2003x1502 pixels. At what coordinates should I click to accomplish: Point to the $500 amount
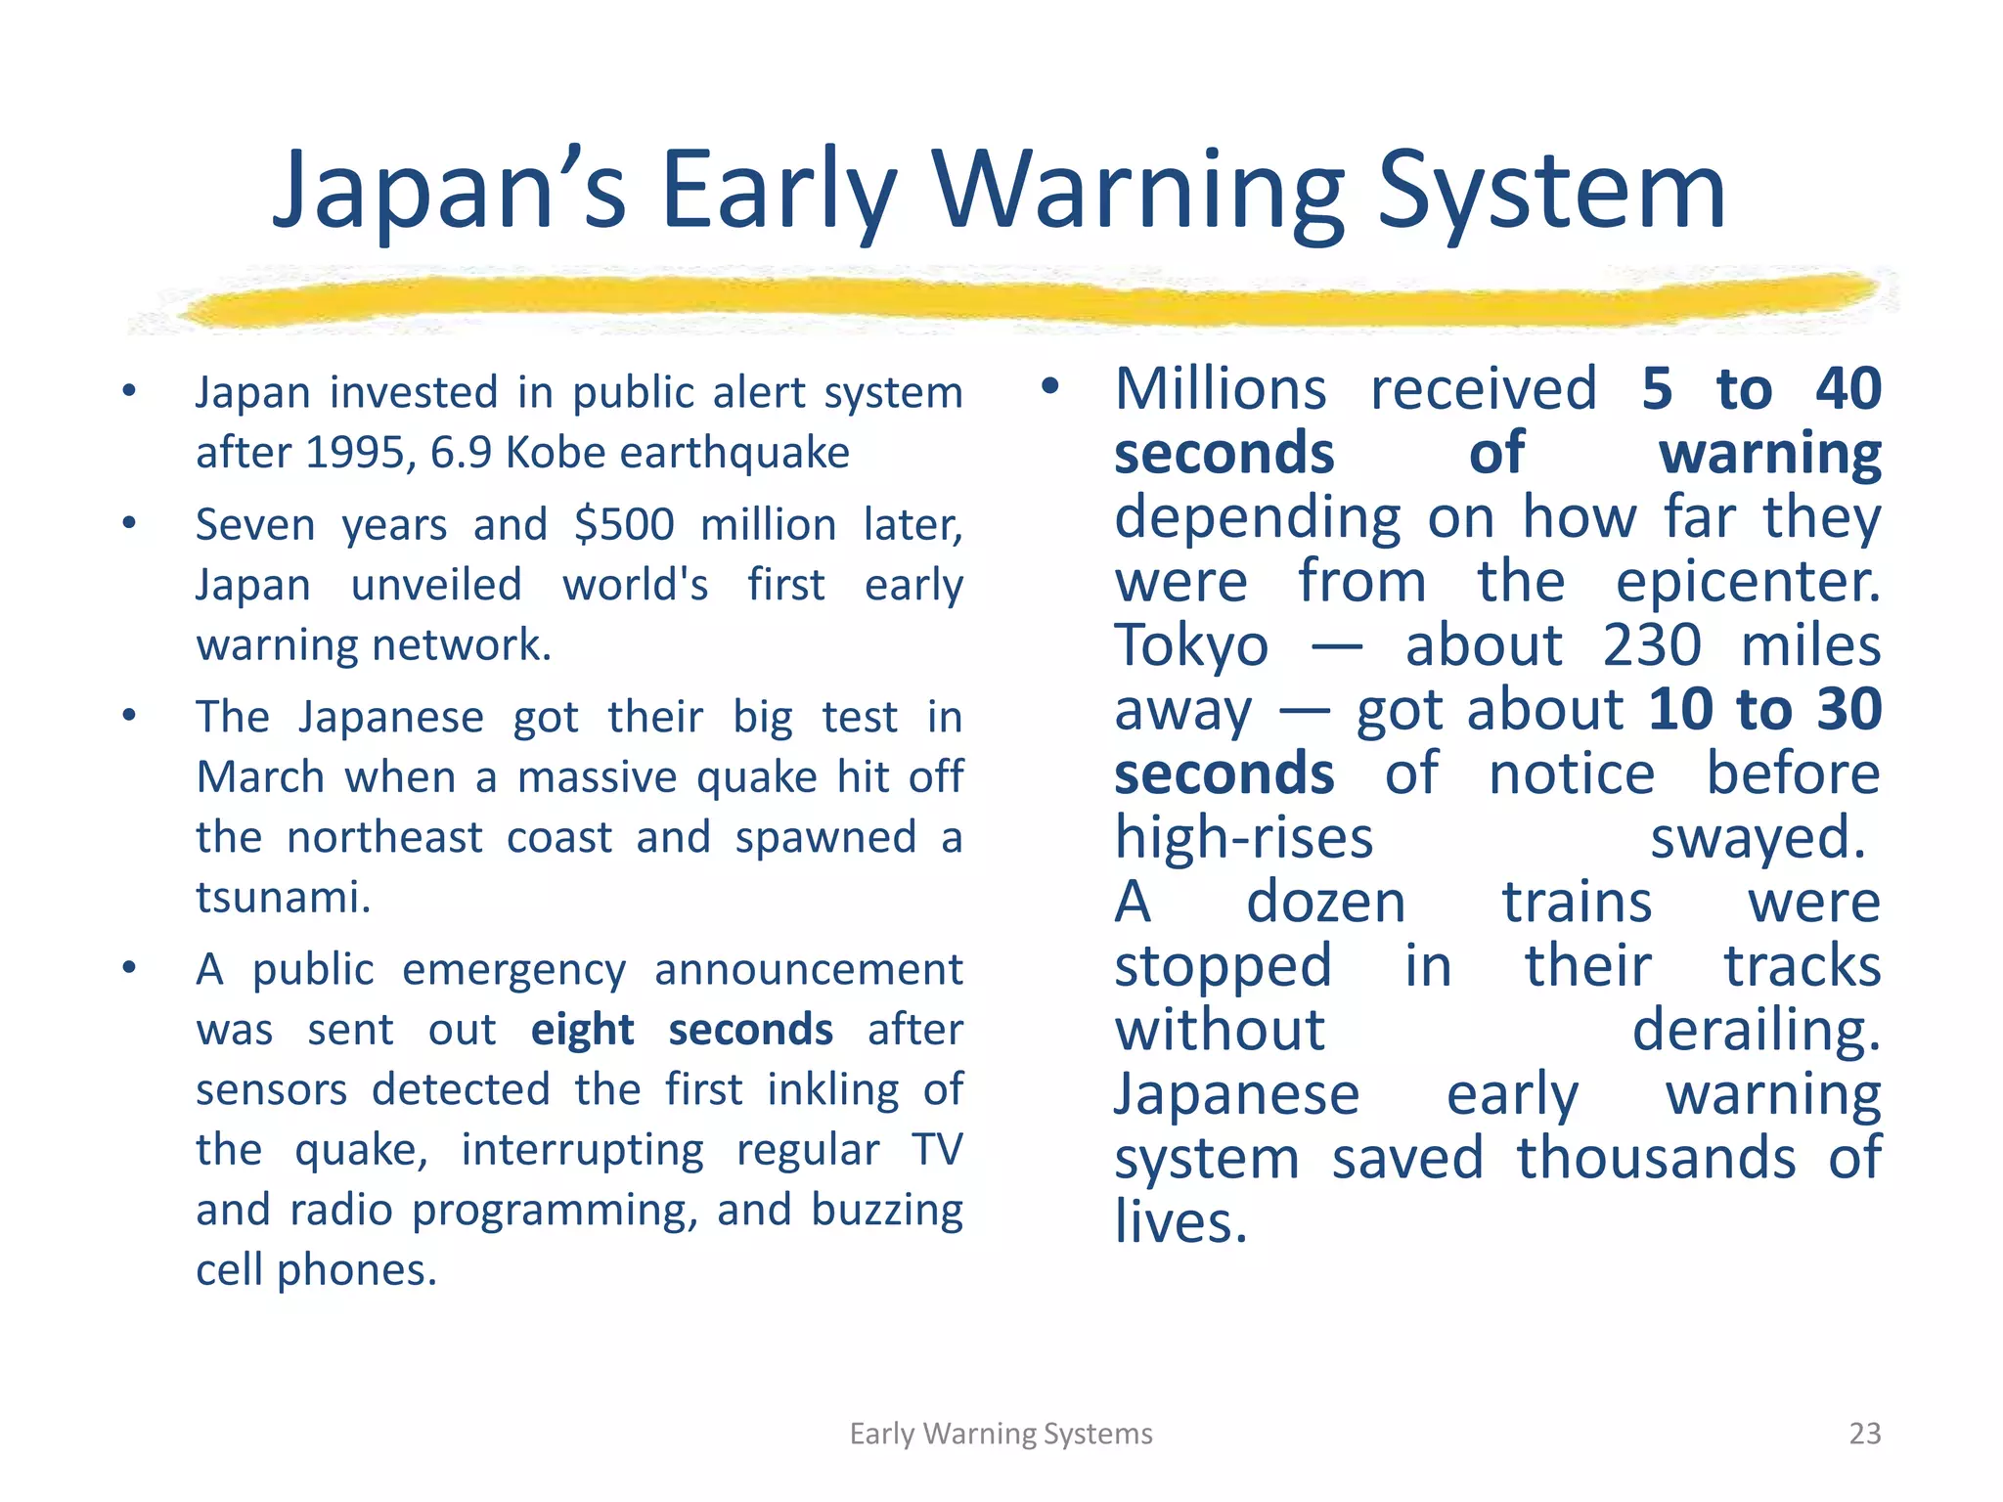[624, 525]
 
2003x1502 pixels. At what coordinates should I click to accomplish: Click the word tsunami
[283, 898]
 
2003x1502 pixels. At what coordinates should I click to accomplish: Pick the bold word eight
[583, 1031]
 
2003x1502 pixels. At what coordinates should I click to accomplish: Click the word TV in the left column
[937, 1150]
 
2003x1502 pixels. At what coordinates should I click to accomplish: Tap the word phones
[356, 1270]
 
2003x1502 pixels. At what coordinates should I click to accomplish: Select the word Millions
[1221, 389]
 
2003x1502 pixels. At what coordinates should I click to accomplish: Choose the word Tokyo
[1191, 645]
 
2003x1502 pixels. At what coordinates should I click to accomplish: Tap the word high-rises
[1244, 838]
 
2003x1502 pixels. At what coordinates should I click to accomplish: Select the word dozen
[1325, 902]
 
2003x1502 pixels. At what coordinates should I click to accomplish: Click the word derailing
[1757, 1031]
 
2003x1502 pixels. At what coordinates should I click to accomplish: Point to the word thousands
[1657, 1159]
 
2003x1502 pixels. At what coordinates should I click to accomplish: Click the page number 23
[1865, 1434]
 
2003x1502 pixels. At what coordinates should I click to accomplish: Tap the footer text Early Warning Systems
[1001, 1434]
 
